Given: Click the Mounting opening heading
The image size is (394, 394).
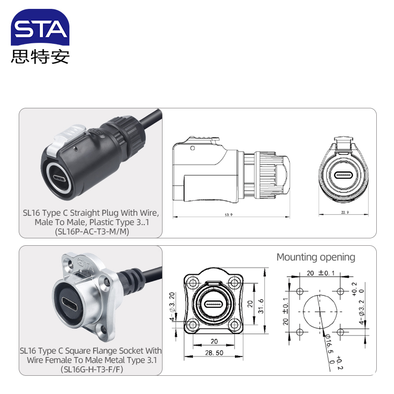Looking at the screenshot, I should tap(316, 257).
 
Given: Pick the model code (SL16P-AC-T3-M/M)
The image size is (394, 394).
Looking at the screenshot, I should tap(91, 231).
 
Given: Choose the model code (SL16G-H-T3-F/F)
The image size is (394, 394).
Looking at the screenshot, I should tap(91, 369).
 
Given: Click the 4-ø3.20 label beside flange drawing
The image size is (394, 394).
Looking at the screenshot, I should tap(172, 305).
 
